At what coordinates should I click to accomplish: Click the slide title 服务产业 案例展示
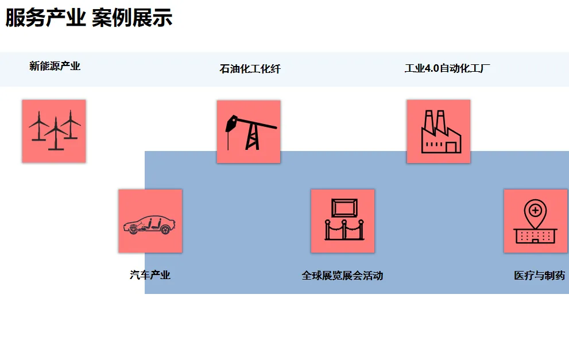(89, 18)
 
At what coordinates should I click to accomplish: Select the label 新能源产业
(55, 66)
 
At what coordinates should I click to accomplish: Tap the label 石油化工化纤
(250, 69)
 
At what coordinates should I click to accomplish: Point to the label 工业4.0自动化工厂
(447, 68)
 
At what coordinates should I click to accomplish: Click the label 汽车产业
(150, 275)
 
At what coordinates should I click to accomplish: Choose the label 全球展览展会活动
(342, 276)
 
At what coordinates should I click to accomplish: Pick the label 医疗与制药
(539, 276)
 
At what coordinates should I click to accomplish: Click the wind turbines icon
(54, 131)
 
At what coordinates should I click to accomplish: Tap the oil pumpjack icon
(249, 132)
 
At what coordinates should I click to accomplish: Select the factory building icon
(439, 131)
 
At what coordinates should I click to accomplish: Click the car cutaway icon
(150, 222)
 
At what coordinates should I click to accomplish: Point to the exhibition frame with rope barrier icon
(343, 221)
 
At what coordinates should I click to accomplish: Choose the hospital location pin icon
(535, 222)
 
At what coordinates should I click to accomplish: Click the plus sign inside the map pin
(535, 210)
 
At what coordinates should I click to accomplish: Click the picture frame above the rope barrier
(344, 208)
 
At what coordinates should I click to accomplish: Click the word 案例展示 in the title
(132, 18)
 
